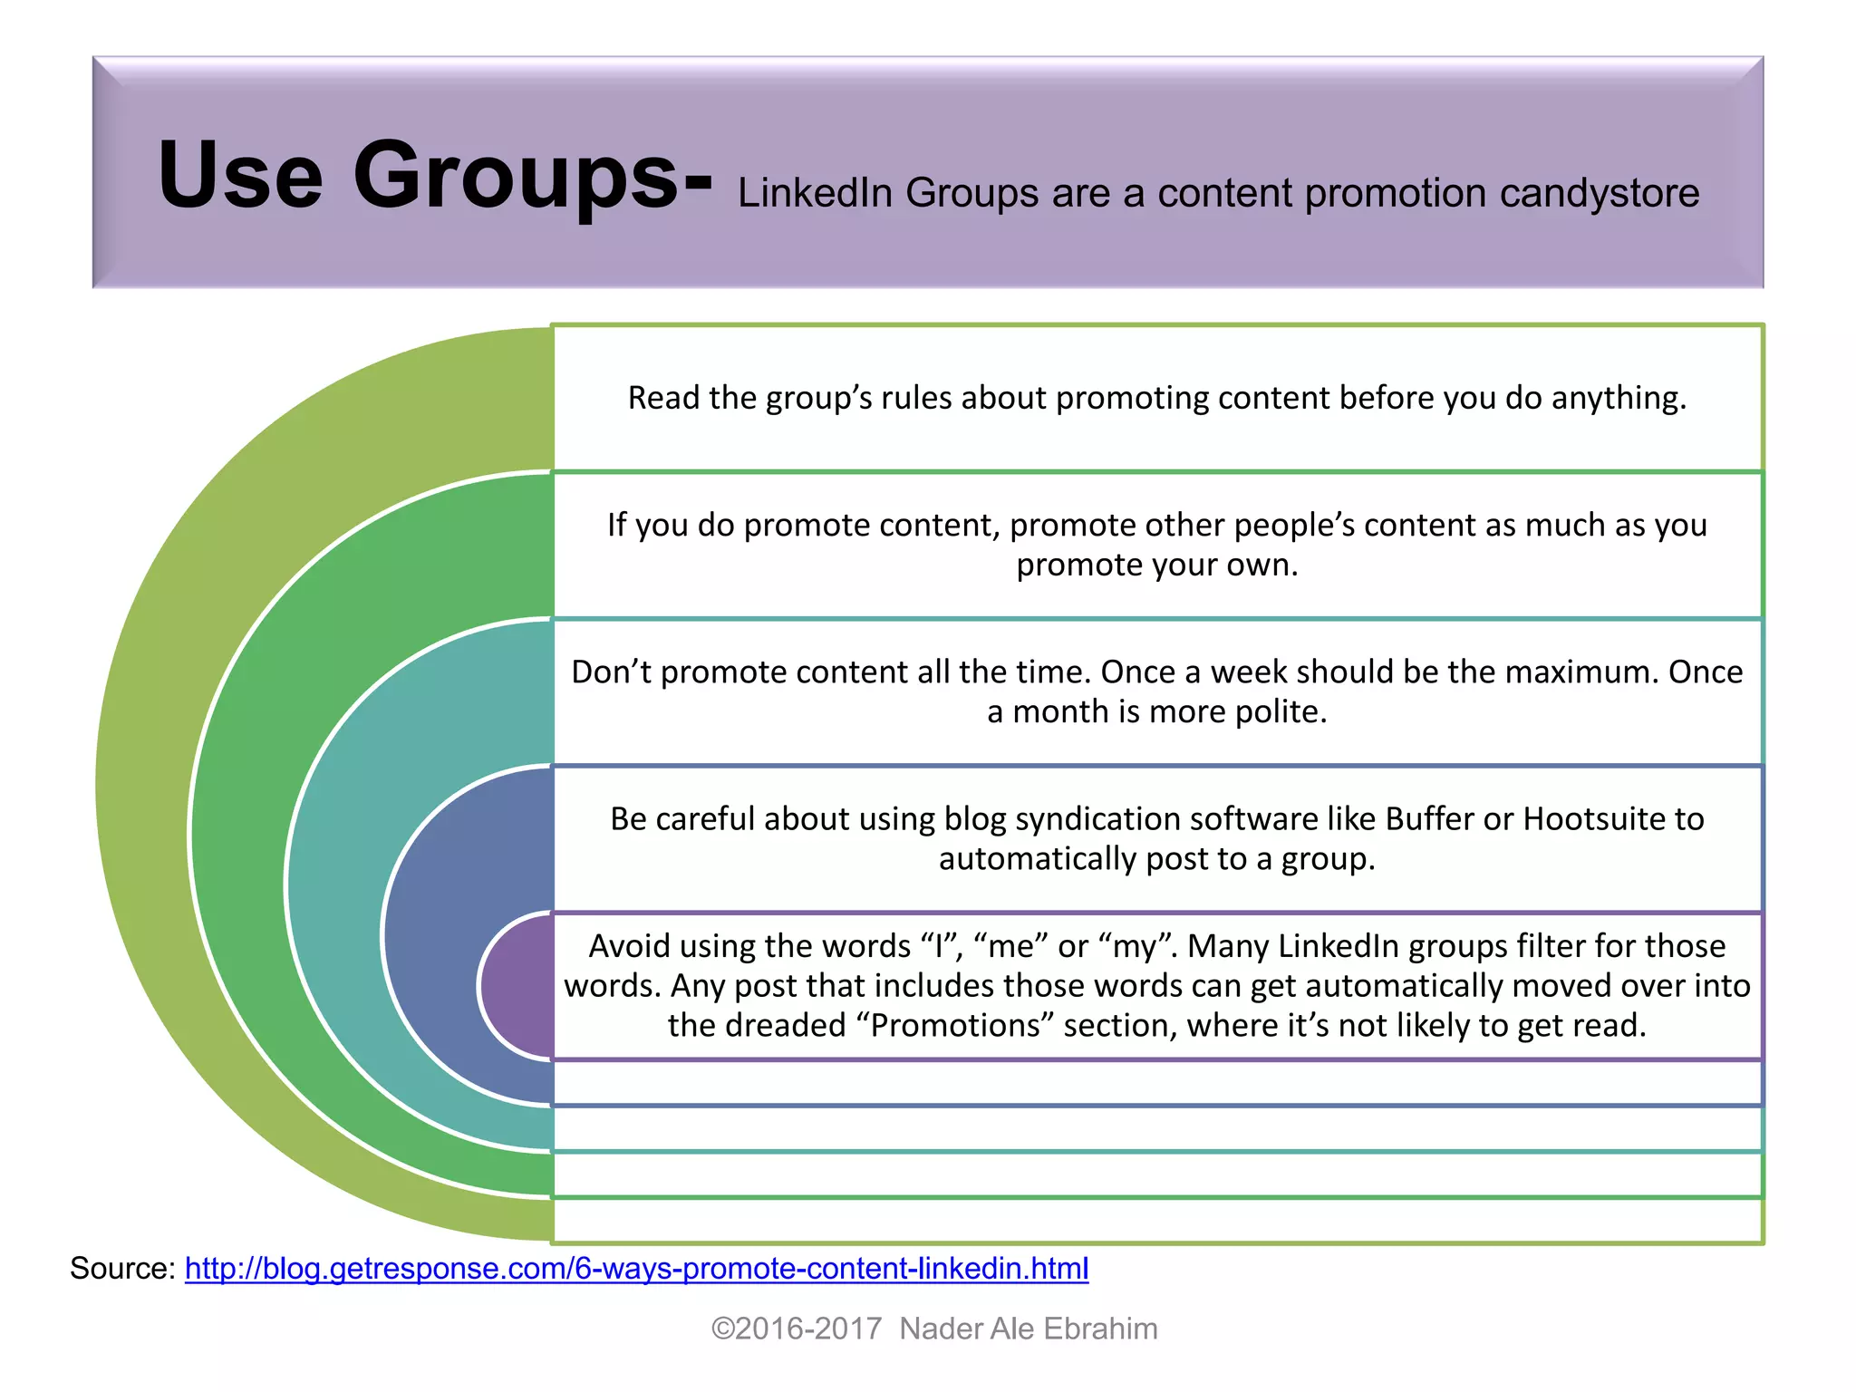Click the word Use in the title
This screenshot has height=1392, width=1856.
click(x=240, y=175)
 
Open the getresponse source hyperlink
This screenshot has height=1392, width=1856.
click(x=636, y=1268)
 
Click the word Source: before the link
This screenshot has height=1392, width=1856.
click(x=123, y=1268)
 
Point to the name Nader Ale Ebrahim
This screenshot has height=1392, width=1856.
click(x=1029, y=1329)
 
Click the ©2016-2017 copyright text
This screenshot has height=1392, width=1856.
click(x=797, y=1329)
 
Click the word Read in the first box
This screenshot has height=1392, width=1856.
click(x=663, y=398)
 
